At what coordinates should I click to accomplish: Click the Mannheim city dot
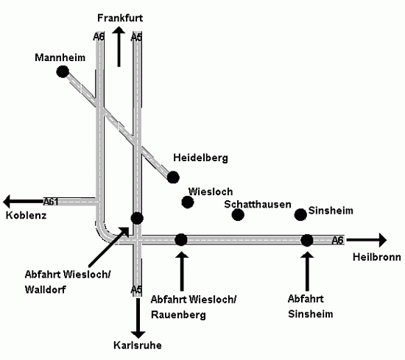point(63,71)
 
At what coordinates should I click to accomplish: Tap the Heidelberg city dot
point(173,177)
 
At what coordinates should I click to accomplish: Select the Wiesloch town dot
point(188,202)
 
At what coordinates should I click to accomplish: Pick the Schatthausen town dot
point(238,214)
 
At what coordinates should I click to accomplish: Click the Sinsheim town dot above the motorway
point(300,214)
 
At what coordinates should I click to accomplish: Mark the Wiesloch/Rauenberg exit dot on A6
point(181,240)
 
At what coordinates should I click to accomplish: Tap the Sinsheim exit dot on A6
point(307,240)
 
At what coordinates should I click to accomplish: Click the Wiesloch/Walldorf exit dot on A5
point(137,219)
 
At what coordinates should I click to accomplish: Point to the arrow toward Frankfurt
point(119,46)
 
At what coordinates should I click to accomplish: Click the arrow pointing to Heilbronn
point(367,240)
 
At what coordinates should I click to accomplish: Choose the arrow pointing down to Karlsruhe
point(138,318)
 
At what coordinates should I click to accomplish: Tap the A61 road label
point(51,202)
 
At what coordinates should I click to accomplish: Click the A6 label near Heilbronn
point(337,241)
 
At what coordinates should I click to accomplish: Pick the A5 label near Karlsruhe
point(136,290)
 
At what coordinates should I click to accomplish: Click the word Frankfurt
point(120,18)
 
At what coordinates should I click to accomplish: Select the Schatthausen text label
point(258,204)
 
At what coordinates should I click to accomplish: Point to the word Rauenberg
point(178,315)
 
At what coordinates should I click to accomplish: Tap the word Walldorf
point(46,289)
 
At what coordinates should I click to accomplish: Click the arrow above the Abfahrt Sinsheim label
point(307,272)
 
